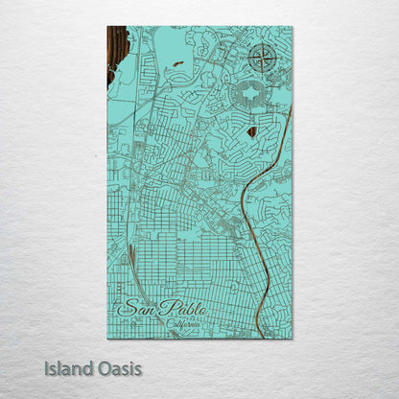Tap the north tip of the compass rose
tap(259, 44)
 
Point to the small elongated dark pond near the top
tap(178, 63)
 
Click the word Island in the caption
tap(66, 367)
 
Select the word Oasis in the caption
tap(117, 367)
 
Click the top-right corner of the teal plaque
tap(292, 27)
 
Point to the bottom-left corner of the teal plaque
tap(107, 338)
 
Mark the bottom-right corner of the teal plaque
tap(292, 338)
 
